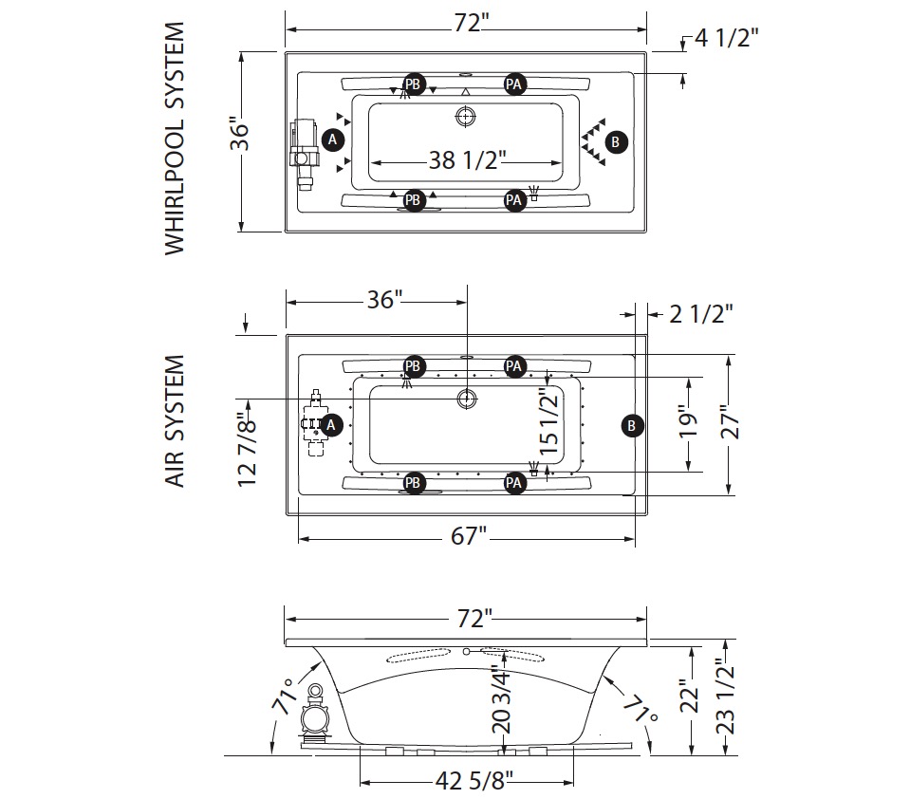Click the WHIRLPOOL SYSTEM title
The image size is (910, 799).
175,139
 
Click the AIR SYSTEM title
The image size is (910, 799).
175,421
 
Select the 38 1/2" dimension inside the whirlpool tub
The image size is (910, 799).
467,159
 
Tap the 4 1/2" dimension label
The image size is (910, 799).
726,38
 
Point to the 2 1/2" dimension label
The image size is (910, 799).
701,314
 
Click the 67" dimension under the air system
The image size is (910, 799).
469,536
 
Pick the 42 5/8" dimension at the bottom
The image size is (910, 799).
474,781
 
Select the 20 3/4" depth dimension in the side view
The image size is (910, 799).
501,698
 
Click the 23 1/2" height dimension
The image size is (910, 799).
726,696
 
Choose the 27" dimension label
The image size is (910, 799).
730,421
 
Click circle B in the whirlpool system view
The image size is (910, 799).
616,141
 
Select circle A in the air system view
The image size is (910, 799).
331,425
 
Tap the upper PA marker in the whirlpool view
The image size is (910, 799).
513,84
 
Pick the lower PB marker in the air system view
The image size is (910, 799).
413,483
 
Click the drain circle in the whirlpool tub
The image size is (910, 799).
465,117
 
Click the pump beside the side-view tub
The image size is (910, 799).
315,717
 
